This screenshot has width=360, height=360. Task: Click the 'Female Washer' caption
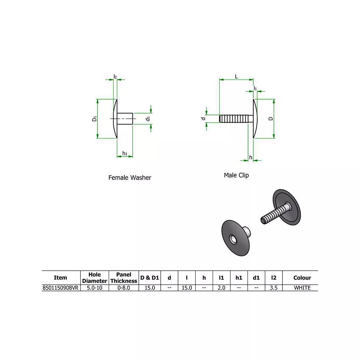(x=130, y=178)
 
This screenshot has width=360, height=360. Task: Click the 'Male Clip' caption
(x=236, y=175)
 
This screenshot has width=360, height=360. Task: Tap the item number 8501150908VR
(x=61, y=288)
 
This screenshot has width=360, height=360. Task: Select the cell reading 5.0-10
(x=94, y=288)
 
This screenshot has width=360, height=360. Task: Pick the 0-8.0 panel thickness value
(x=124, y=288)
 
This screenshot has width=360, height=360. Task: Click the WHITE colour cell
(x=302, y=288)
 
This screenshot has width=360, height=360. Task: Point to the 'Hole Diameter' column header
(x=94, y=278)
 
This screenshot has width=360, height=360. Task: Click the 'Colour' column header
(x=302, y=278)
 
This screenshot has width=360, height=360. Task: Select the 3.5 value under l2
(x=274, y=288)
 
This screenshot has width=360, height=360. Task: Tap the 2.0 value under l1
(x=221, y=288)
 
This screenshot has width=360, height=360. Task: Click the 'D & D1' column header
(x=150, y=278)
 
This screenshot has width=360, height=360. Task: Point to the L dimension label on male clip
(x=236, y=77)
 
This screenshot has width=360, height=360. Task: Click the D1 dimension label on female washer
(x=94, y=118)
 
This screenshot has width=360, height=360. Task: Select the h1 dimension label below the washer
(x=125, y=153)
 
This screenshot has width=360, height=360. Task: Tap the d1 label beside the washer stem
(x=148, y=118)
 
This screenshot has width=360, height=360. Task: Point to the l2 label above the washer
(x=115, y=77)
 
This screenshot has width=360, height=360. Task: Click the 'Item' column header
(x=61, y=278)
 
